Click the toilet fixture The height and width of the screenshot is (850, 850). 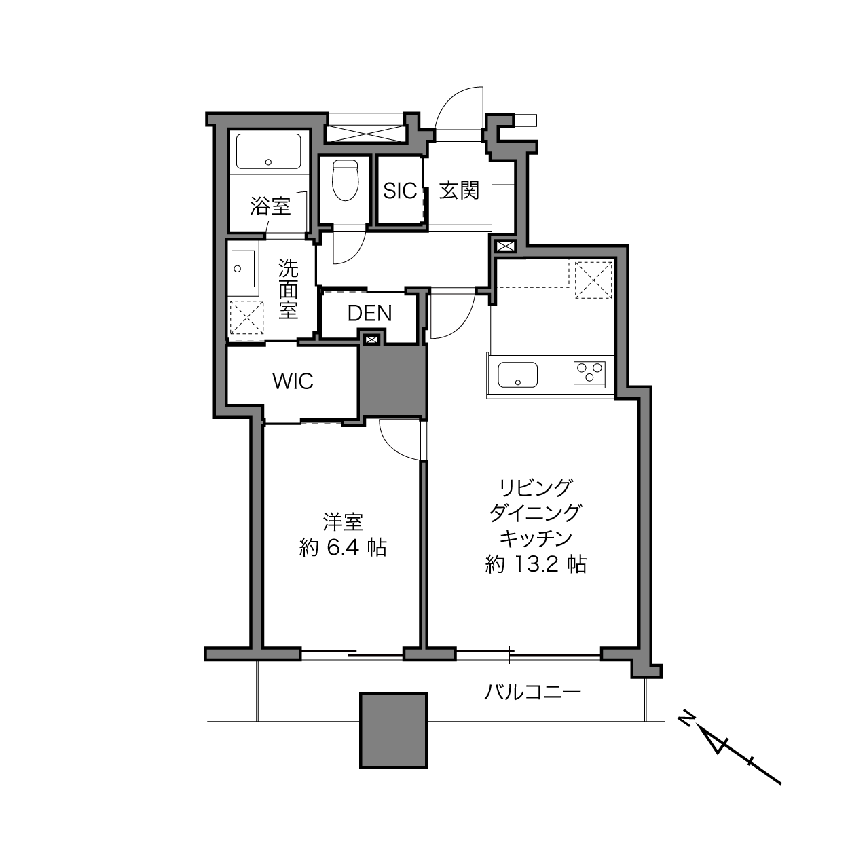click(x=345, y=180)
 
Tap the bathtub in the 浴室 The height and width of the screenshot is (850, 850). click(x=269, y=151)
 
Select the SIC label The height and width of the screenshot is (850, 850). click(x=400, y=191)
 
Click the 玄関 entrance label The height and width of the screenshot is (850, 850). click(x=459, y=191)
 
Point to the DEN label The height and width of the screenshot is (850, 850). click(x=369, y=313)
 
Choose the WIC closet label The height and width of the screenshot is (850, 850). click(x=293, y=381)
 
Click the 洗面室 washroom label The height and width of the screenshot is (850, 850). click(x=288, y=289)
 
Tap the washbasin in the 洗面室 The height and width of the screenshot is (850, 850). click(x=242, y=268)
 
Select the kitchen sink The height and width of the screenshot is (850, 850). click(x=517, y=375)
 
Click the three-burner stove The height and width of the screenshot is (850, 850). click(x=589, y=374)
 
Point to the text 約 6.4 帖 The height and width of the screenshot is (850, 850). click(x=343, y=548)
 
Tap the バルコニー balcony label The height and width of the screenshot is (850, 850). click(x=533, y=692)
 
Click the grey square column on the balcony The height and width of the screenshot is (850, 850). click(x=394, y=731)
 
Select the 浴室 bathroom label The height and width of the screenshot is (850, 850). click(x=270, y=206)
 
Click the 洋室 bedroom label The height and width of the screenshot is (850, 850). click(x=343, y=522)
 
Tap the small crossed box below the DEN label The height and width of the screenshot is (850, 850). click(x=371, y=339)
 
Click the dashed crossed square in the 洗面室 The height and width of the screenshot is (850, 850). click(x=246, y=318)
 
